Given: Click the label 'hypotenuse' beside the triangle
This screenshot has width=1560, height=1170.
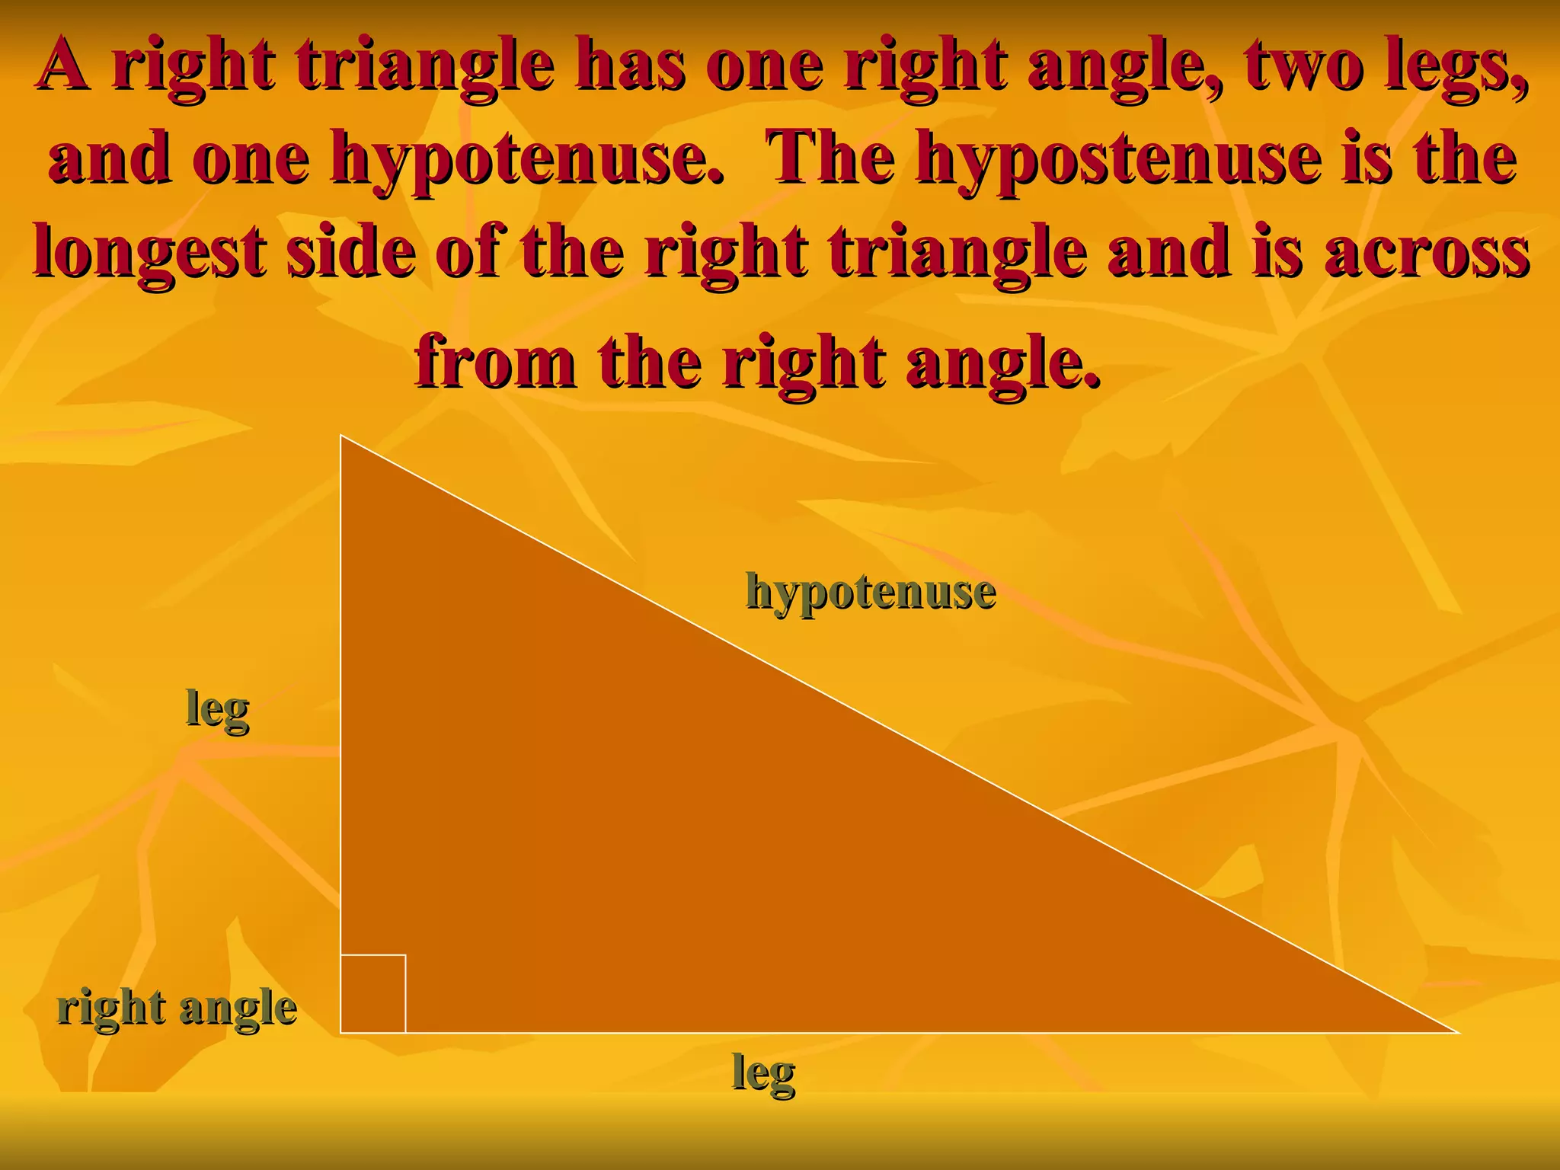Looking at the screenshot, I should (x=871, y=592).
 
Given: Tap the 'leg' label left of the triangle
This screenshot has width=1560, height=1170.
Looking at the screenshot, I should (x=218, y=710).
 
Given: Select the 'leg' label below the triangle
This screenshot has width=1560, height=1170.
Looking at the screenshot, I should (x=763, y=1073).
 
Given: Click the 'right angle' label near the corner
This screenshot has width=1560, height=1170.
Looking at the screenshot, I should (x=177, y=1009).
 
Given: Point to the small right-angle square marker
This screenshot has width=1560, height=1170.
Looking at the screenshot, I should (x=373, y=993).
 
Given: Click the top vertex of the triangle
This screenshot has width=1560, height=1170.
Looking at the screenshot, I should (x=341, y=436).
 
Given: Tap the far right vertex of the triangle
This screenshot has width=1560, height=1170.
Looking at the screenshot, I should (x=1456, y=1033).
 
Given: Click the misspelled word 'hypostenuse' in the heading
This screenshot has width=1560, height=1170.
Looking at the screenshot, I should (x=1119, y=158).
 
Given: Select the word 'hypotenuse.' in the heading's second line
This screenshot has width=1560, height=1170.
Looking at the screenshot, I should (x=526, y=158).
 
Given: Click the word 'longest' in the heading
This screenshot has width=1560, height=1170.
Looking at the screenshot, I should (x=149, y=252).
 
